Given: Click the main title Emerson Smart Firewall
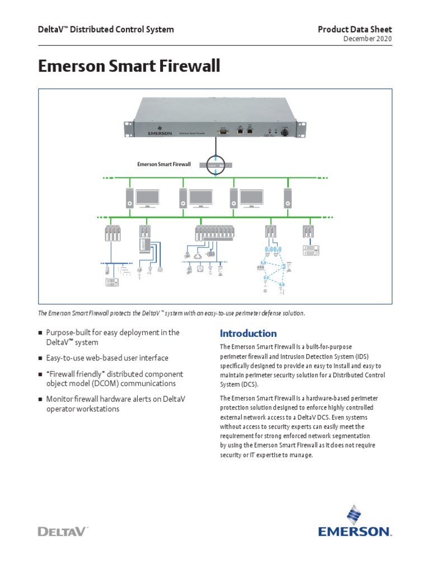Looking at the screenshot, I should tap(129, 67).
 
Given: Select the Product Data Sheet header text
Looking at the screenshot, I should tap(355, 29).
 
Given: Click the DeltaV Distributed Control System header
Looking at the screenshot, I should tap(106, 29).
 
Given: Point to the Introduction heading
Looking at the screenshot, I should tap(248, 334).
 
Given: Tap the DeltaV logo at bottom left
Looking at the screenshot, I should tap(63, 531).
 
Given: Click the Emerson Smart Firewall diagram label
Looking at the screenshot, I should tap(164, 165).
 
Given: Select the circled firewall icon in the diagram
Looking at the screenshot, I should tap(216, 165).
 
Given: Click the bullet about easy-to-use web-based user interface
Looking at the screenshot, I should tap(106, 358).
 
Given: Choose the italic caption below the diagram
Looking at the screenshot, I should tap(172, 313).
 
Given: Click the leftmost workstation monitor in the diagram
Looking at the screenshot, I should tap(147, 198).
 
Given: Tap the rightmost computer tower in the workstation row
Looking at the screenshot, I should tap(288, 198).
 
